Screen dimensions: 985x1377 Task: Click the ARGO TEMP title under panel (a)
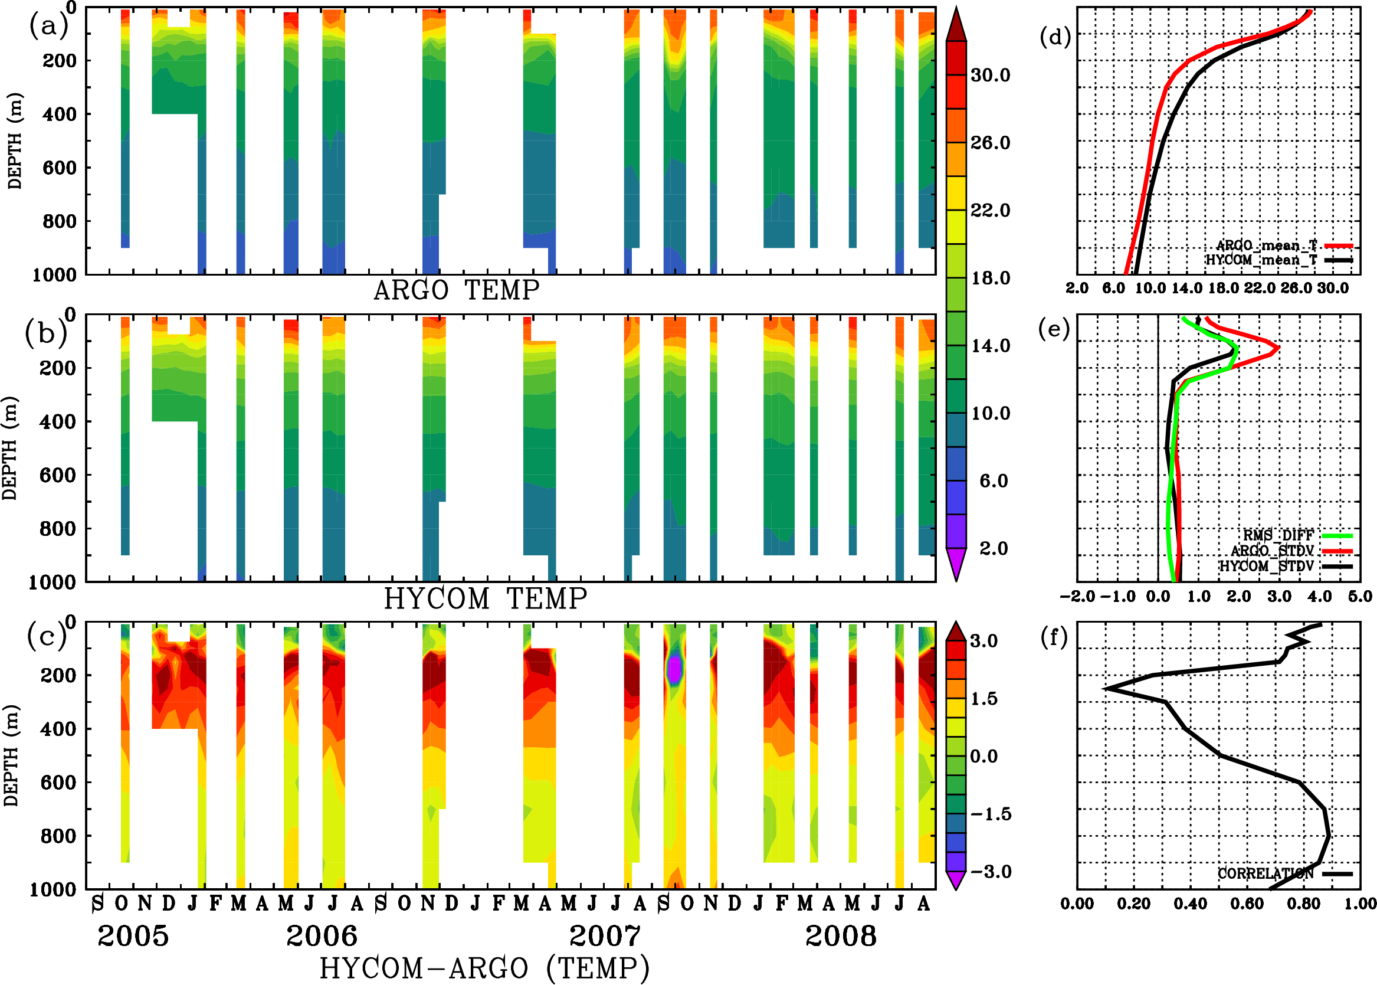(x=456, y=290)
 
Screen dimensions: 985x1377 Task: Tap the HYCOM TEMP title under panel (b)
(x=486, y=598)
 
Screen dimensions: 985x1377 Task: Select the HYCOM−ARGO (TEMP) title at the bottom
(x=484, y=968)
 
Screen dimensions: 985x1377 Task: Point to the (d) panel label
(x=1055, y=37)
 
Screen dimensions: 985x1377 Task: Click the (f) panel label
(x=1054, y=637)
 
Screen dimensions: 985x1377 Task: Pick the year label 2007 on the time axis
(x=605, y=937)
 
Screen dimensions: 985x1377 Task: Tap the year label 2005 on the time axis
(x=133, y=937)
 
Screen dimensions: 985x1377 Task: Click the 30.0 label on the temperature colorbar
(x=991, y=75)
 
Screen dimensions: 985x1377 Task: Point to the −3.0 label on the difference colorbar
(x=991, y=872)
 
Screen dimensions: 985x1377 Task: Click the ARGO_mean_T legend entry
(x=1267, y=246)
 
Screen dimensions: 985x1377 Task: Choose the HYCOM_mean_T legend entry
(x=1261, y=260)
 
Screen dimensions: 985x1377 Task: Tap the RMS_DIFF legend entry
(x=1278, y=535)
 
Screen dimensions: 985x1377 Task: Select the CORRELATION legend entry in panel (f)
(x=1266, y=873)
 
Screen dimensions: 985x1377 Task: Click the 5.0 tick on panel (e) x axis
(x=1360, y=596)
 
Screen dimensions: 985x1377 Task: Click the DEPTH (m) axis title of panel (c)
(x=11, y=755)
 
